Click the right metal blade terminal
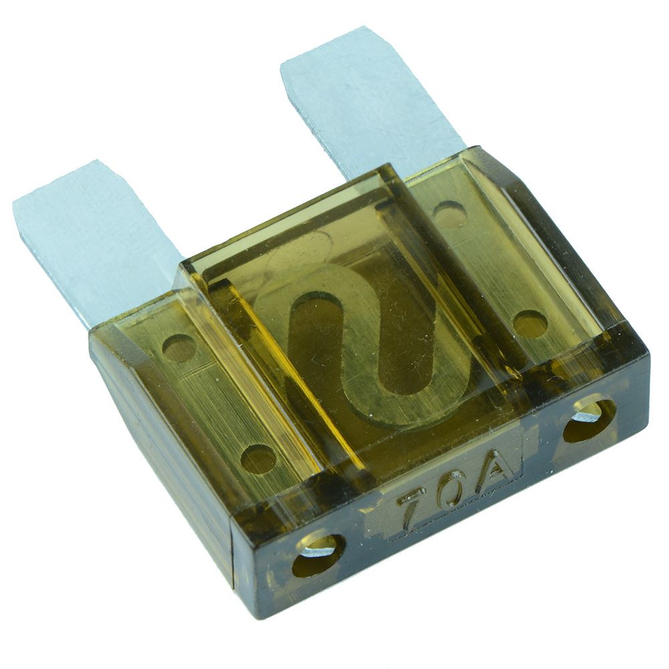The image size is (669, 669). point(367,111)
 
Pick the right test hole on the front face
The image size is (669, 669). point(589,420)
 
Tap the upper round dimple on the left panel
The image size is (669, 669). point(179,349)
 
